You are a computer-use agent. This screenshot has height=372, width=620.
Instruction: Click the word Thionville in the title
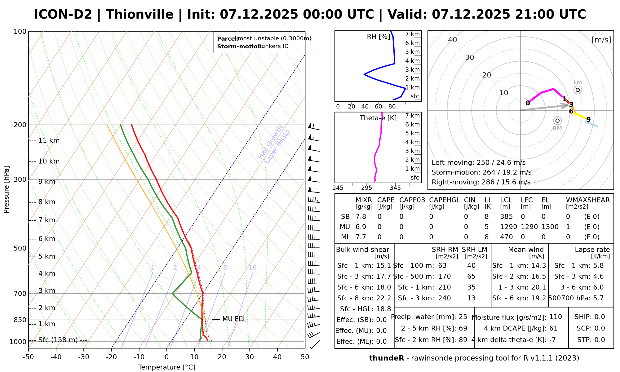[139, 15]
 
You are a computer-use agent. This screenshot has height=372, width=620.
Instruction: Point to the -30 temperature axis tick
[84, 357]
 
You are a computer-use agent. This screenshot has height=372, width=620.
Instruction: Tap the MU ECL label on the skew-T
[234, 319]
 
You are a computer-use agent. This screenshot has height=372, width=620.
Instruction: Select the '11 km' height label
[49, 140]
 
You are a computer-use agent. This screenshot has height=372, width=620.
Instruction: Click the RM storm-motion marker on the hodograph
[557, 121]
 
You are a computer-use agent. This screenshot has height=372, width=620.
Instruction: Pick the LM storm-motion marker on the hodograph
[578, 90]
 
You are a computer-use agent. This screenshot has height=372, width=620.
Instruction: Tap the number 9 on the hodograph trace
[588, 119]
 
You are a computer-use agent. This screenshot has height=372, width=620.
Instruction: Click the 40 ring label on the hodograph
[453, 40]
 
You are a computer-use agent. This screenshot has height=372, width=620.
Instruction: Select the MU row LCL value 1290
[508, 227]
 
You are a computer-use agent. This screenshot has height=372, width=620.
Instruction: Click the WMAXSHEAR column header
[588, 200]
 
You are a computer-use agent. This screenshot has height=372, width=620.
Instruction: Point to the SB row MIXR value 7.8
[361, 217]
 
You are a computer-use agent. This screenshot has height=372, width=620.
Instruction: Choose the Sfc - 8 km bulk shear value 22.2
[383, 298]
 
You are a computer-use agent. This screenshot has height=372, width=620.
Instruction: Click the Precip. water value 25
[463, 317]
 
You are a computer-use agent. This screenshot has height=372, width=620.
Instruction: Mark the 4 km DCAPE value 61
[553, 328]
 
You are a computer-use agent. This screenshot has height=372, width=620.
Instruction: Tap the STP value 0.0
[600, 340]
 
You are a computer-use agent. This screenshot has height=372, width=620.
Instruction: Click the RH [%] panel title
[378, 37]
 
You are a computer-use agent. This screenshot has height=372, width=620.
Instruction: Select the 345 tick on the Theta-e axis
[395, 188]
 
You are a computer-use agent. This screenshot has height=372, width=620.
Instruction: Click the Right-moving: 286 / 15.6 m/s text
[481, 182]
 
